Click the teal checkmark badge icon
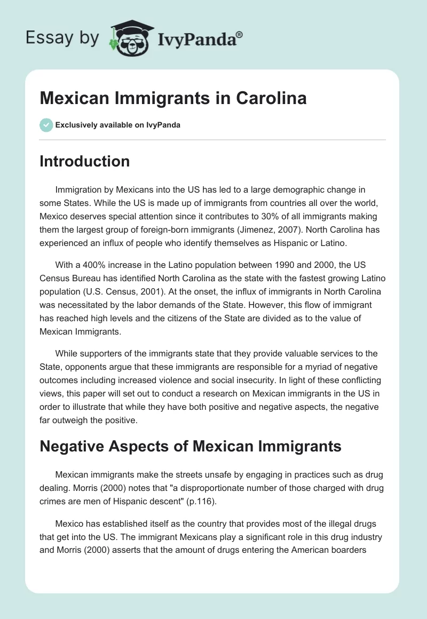46,125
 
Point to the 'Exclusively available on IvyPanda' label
117,125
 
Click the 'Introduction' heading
84,161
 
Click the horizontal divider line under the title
212,140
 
